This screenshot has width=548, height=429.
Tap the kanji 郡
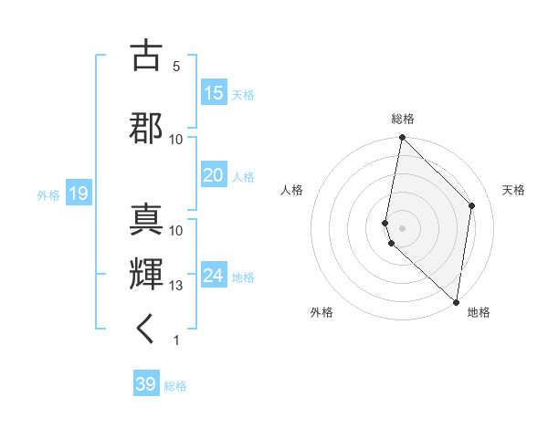[x=147, y=127]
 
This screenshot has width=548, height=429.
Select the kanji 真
[x=147, y=219]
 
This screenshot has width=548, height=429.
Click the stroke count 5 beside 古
[x=176, y=66]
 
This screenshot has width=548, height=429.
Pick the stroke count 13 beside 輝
[x=176, y=286]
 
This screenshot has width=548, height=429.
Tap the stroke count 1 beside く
[x=176, y=340]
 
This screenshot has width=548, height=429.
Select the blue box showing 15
[x=213, y=93]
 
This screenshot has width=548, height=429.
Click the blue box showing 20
[x=213, y=175]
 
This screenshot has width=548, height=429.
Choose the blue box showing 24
[x=213, y=276]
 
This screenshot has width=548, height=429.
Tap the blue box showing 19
[x=78, y=194]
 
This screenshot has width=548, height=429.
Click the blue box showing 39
[x=146, y=385]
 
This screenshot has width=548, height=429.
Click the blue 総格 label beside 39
[x=175, y=386]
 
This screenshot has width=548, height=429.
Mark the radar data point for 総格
[x=402, y=138]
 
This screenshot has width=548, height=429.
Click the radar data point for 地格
[x=456, y=301]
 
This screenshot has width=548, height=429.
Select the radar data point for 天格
[x=472, y=205]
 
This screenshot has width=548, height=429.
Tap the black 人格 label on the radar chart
[x=292, y=190]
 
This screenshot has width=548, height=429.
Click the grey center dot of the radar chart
[x=402, y=227]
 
